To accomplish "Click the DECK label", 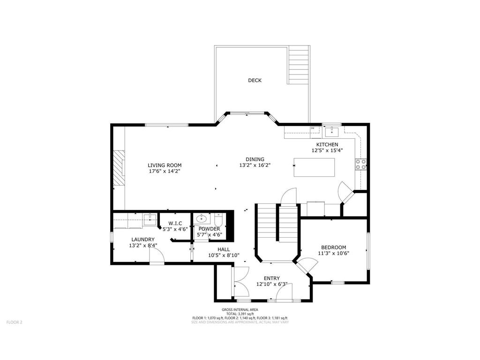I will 255,80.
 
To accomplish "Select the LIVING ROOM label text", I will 165,165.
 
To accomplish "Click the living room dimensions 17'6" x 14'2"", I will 165,172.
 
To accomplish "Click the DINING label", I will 255,159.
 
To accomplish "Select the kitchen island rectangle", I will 314,167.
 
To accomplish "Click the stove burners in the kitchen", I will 361,164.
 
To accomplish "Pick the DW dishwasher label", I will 313,128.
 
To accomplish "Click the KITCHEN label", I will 327,144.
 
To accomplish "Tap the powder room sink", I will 202,218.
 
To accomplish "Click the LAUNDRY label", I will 142,239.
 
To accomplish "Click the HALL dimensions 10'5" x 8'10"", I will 224,255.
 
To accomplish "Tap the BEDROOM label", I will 333,247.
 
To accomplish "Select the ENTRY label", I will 271,277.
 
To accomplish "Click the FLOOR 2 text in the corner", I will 14,322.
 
